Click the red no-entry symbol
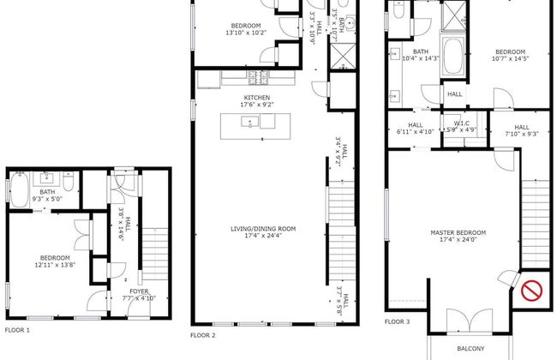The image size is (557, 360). pyautogui.click(x=533, y=291)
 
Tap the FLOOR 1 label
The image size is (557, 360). pyautogui.click(x=17, y=329)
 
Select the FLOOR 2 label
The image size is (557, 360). pyautogui.click(x=203, y=334)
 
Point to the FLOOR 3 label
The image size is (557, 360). pyautogui.click(x=397, y=321)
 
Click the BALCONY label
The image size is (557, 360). pyautogui.click(x=470, y=348)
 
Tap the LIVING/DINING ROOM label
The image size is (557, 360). pyautogui.click(x=263, y=228)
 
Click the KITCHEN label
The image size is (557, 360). pyautogui.click(x=257, y=98)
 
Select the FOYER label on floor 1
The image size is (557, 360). pyautogui.click(x=139, y=291)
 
